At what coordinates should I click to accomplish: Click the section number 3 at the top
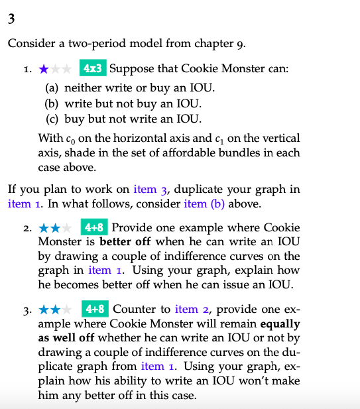11,19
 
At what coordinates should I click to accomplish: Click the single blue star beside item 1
43,68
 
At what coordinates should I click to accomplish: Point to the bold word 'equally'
280,323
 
